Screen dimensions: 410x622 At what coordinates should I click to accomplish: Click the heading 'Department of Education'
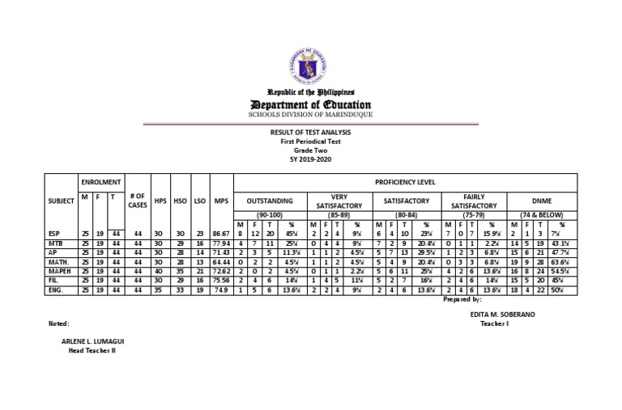310,105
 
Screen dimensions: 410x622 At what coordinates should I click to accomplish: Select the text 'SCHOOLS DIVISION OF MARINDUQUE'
310,115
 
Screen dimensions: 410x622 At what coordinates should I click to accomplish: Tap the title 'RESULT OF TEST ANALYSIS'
310,132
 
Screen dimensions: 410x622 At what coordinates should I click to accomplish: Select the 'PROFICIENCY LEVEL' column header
406,182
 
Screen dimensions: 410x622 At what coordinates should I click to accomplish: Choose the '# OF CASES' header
137,200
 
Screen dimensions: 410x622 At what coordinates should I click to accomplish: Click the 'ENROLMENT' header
100,184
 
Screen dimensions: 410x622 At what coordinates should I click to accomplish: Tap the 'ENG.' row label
57,290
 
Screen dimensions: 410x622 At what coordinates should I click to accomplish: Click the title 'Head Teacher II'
92,351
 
